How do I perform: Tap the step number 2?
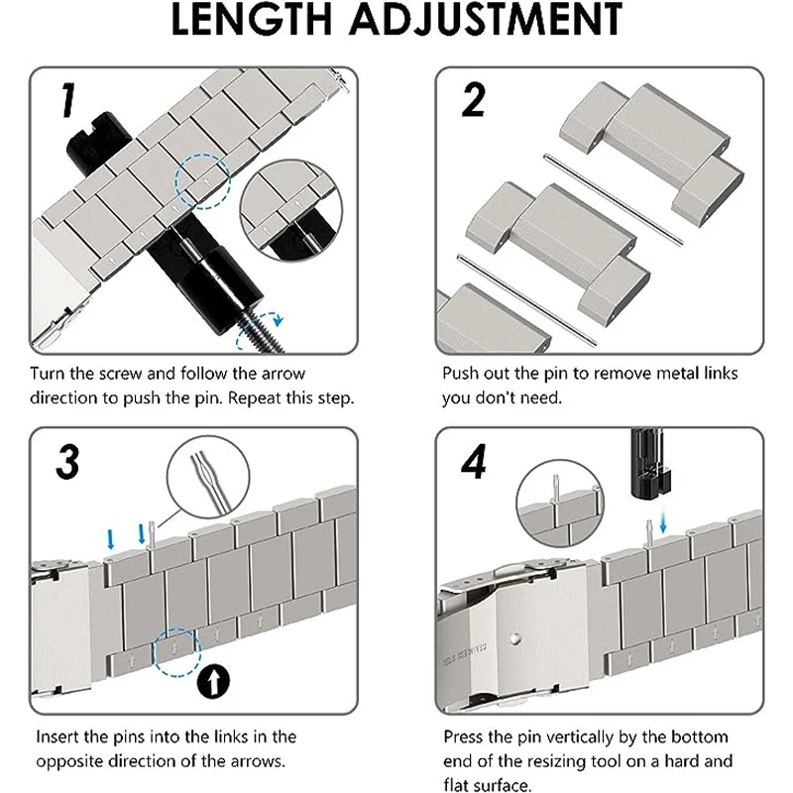click(474, 100)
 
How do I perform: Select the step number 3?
click(67, 460)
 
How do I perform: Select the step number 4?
click(476, 460)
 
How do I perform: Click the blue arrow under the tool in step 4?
click(663, 521)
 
